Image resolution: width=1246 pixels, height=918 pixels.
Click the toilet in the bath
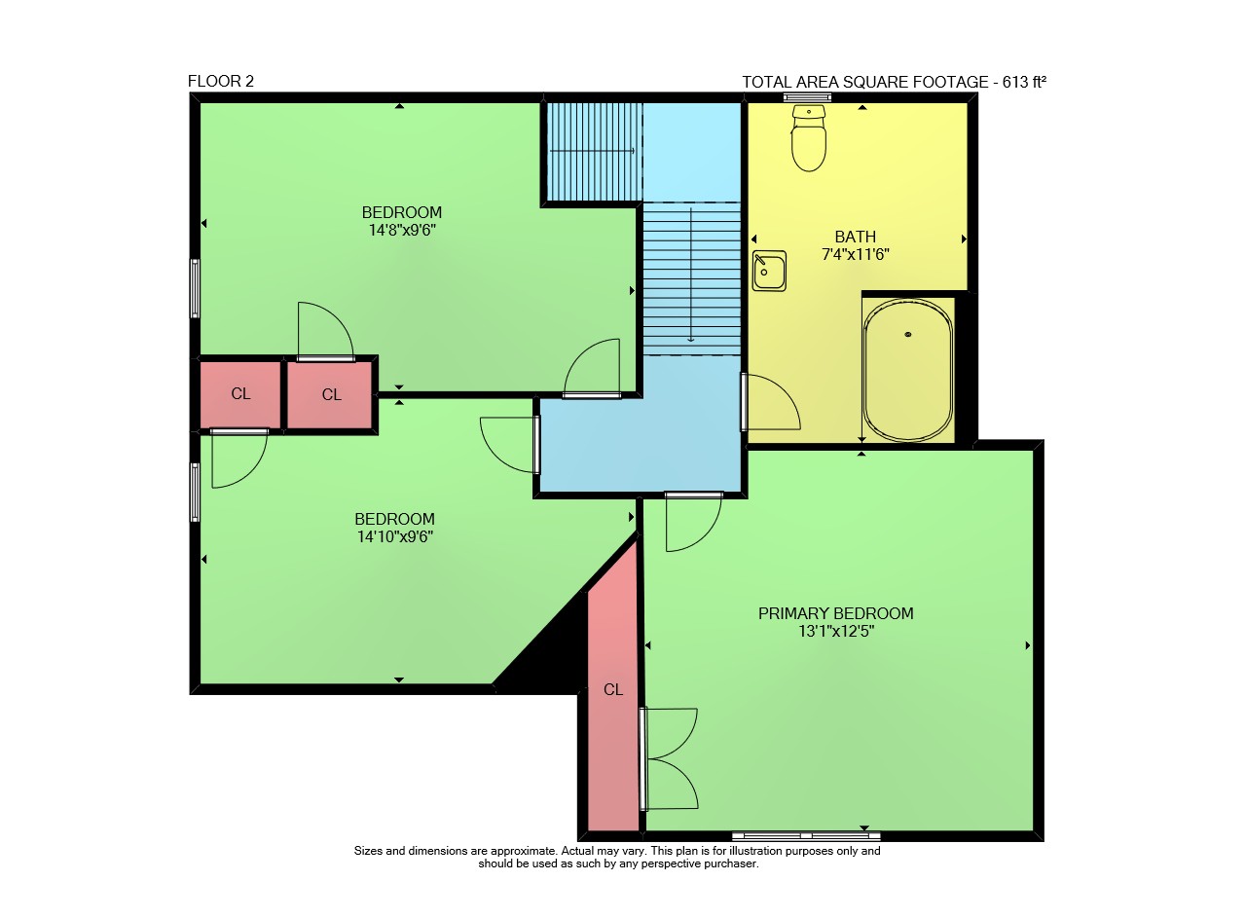[x=809, y=138]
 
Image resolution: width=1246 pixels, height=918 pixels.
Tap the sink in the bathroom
[x=769, y=271]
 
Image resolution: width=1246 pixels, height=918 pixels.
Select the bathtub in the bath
[x=908, y=371]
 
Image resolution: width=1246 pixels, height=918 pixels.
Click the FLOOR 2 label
[x=221, y=81]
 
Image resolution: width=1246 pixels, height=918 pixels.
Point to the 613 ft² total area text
[x=1024, y=82]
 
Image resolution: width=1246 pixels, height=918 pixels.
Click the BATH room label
[x=856, y=237]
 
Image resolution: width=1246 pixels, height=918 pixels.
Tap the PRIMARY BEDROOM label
[x=835, y=613]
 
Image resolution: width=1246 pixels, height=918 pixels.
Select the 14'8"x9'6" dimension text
[x=402, y=231]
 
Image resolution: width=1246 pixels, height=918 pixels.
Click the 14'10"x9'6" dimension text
[x=395, y=537]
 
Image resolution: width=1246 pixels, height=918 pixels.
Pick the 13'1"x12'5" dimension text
[x=836, y=632]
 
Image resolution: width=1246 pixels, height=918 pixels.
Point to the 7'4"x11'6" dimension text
[x=856, y=255]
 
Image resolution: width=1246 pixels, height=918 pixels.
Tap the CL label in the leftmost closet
[x=240, y=394]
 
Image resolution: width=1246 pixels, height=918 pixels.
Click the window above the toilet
[x=807, y=97]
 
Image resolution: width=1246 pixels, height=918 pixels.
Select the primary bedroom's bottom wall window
[x=806, y=835]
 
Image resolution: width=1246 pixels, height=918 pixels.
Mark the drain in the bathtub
[x=908, y=334]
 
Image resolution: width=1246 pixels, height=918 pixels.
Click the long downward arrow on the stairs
[x=691, y=275]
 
